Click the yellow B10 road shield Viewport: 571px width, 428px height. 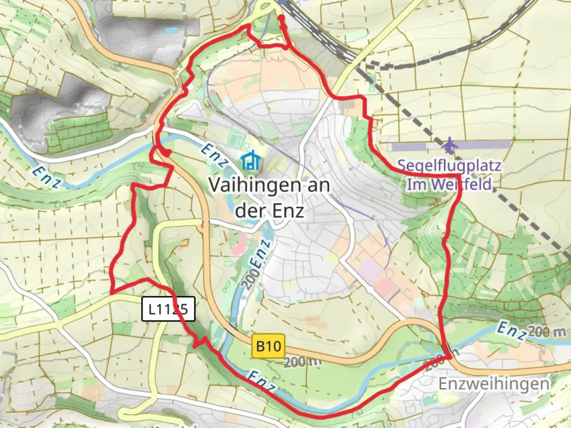coord(268,346)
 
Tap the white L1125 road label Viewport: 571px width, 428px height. coord(169,309)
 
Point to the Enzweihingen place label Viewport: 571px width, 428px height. coord(494,384)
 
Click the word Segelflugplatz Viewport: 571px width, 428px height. coord(449,165)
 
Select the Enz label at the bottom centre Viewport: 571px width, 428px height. coord(262,381)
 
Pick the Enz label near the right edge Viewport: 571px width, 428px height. coord(511,331)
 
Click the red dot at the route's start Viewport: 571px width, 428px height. coord(281,18)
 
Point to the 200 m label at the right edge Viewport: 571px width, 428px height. coord(547,332)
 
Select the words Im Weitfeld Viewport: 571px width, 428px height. coord(449,185)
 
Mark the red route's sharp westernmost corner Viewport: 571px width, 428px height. coord(111,293)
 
